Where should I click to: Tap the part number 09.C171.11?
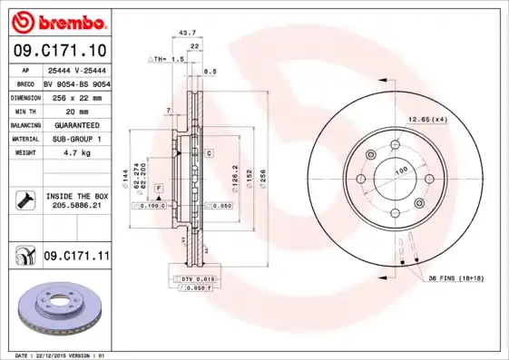(76, 258)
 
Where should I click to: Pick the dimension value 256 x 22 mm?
(76, 96)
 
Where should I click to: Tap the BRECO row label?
(25, 83)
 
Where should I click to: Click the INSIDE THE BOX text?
(77, 196)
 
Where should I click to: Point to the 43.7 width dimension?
(188, 33)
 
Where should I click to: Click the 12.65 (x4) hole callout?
(427, 120)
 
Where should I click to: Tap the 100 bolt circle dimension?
(399, 170)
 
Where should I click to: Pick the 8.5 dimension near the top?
(210, 71)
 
